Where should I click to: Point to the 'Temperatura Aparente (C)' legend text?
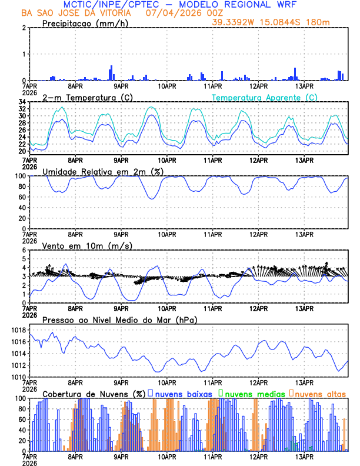tap(264, 97)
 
